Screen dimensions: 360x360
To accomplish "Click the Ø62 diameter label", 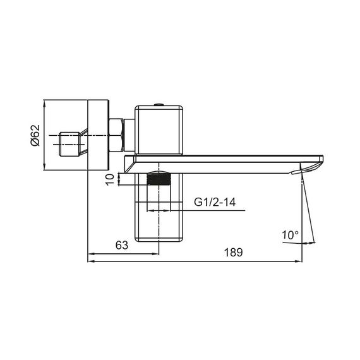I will tap(36, 135).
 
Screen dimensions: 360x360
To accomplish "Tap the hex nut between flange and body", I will tap(116, 135).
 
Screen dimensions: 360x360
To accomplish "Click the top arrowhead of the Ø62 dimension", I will tap(44, 102).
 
